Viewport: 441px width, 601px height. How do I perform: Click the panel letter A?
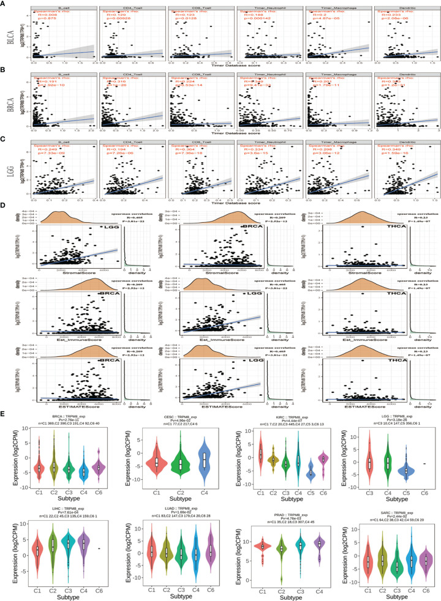click(4, 5)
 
